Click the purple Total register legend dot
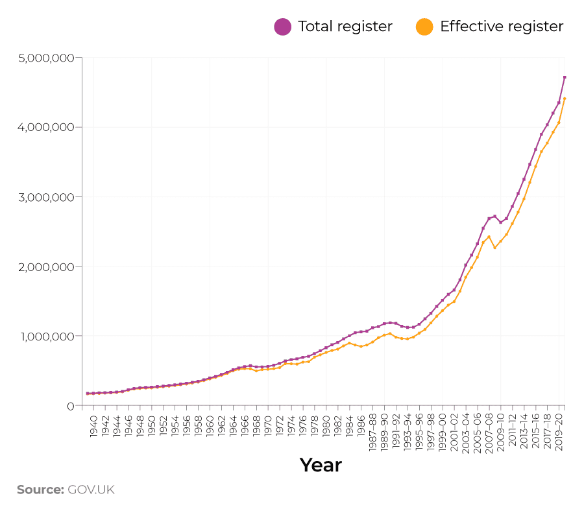pyautogui.click(x=283, y=27)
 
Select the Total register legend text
pyautogui.click(x=345, y=27)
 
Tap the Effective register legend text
pyautogui.click(x=501, y=27)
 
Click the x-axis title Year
pyautogui.click(x=321, y=465)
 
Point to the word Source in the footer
pyautogui.click(x=40, y=490)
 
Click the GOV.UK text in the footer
pyautogui.click(x=91, y=490)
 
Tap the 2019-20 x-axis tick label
pyautogui.click(x=559, y=431)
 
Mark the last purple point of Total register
pyautogui.click(x=565, y=77)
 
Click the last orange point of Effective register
pyautogui.click(x=565, y=99)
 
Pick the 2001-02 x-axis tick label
pyautogui.click(x=455, y=431)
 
